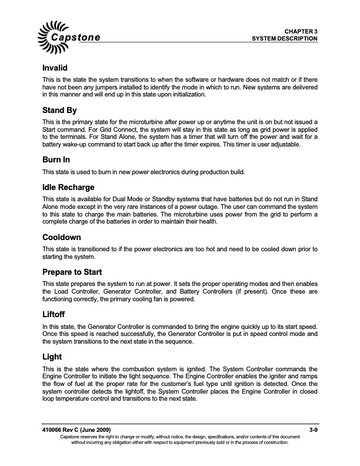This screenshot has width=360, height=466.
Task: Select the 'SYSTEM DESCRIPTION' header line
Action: [285, 38]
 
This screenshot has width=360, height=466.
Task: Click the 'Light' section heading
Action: [53, 356]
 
